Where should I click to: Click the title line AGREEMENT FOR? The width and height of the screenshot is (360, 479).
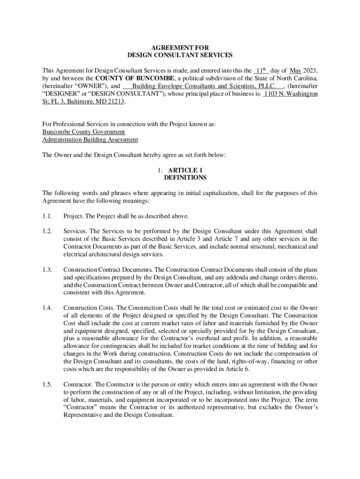click(180, 48)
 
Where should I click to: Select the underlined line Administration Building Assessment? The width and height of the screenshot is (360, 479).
click(90, 139)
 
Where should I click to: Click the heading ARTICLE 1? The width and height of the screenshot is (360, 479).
click(185, 170)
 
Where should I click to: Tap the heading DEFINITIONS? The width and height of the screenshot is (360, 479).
click(185, 178)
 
